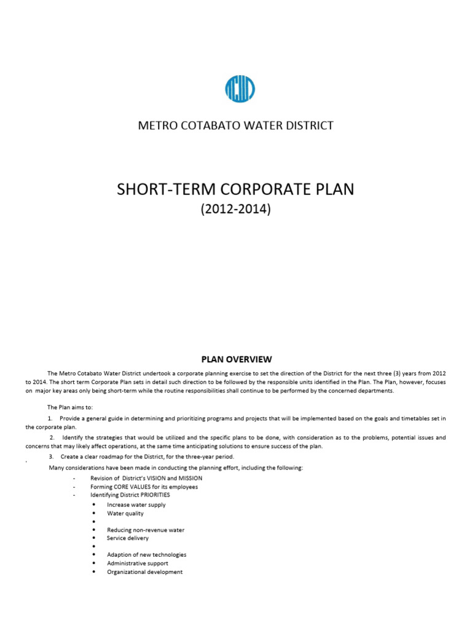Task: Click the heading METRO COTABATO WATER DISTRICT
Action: click(235, 126)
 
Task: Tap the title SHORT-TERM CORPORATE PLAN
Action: click(235, 189)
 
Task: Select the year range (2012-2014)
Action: click(235, 209)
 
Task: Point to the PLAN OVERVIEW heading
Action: click(236, 359)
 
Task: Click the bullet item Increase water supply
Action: click(136, 504)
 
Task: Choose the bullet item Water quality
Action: click(125, 513)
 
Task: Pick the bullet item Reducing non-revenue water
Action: click(146, 530)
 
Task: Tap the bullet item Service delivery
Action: click(128, 538)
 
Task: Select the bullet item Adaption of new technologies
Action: click(146, 554)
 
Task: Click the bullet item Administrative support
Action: click(138, 563)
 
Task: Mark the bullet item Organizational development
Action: click(145, 572)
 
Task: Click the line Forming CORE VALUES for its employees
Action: click(144, 487)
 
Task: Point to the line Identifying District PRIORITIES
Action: click(130, 495)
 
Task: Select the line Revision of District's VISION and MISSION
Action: click(146, 478)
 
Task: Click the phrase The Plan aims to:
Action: click(69, 407)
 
